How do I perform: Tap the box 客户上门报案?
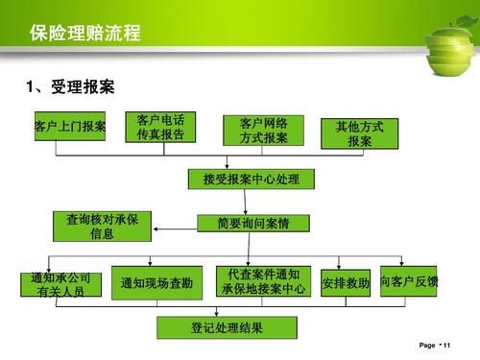click(70, 127)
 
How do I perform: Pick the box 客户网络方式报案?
click(263, 131)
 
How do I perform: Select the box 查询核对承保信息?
click(102, 227)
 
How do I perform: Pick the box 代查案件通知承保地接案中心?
click(264, 280)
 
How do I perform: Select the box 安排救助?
click(346, 283)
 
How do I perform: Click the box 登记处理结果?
click(227, 328)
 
